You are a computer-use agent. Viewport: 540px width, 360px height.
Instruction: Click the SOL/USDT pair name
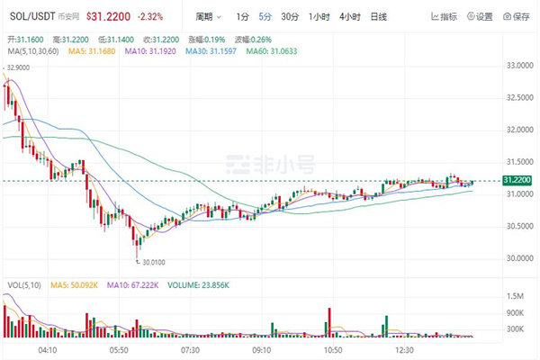pos(30,16)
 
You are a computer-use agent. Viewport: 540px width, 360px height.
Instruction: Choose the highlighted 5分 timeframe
pos(265,16)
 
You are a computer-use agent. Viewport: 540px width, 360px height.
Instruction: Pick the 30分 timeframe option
pos(289,16)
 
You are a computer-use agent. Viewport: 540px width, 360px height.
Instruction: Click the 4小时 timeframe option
pos(350,16)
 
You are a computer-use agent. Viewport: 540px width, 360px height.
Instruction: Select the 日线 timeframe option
pos(378,16)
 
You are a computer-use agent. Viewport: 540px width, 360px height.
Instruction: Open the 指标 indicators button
pos(445,16)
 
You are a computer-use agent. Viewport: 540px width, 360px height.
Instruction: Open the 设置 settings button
pos(480,16)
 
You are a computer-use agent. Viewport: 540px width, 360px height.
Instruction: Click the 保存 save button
pos(517,16)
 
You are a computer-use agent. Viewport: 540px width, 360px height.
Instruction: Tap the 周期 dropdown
pos(208,16)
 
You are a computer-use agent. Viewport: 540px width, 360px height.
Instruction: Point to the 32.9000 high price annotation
pos(20,67)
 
